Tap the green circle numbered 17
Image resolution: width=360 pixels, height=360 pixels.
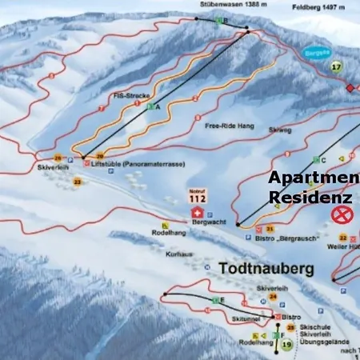[x=337, y=66]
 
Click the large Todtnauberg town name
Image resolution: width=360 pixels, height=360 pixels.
[x=266, y=270]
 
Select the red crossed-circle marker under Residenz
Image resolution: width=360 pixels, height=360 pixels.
[x=342, y=214]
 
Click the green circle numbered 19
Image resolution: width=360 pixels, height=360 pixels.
[x=287, y=345]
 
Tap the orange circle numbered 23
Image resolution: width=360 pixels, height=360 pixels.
[x=78, y=182]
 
